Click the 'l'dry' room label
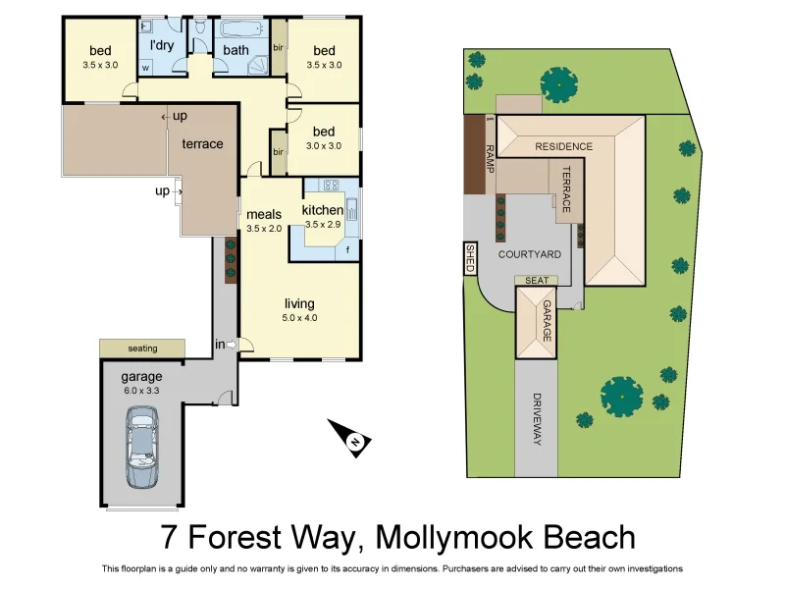pos(162,46)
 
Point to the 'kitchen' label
pos(322,210)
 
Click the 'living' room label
pos(299,304)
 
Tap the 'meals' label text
pos(264,214)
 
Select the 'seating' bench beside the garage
pos(142,348)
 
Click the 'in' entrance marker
pos(220,344)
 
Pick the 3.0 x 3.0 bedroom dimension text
pos(324,146)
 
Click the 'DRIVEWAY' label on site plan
pos(537,419)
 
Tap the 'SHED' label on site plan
pos(470,258)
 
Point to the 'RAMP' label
pos(489,157)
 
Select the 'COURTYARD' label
pos(529,254)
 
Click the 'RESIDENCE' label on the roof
pos(563,147)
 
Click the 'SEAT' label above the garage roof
pos(536,280)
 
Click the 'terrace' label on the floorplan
pos(202,144)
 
